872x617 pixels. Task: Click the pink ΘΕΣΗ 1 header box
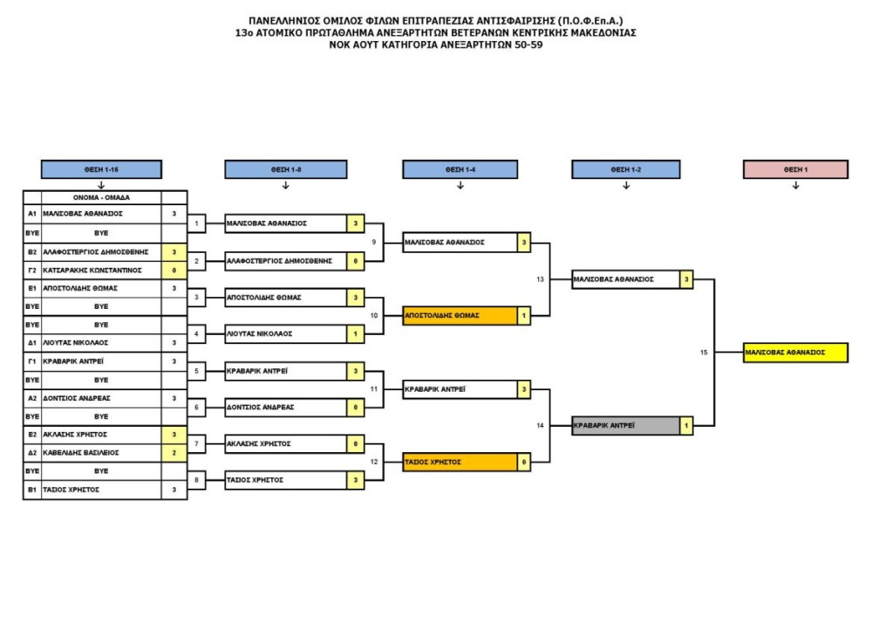click(795, 169)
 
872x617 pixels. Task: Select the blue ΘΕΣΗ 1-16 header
click(101, 169)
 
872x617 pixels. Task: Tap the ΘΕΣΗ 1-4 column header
click(460, 169)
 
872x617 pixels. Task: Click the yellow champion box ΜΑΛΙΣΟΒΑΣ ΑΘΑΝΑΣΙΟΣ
click(795, 353)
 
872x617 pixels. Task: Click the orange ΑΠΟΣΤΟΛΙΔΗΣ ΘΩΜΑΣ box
click(459, 315)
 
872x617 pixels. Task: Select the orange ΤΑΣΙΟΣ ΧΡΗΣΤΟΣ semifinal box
click(459, 462)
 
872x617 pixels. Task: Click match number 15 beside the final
click(704, 353)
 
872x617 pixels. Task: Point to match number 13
click(541, 279)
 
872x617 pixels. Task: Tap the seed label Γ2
click(31, 271)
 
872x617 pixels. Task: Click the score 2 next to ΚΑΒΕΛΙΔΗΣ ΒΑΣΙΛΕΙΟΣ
click(174, 453)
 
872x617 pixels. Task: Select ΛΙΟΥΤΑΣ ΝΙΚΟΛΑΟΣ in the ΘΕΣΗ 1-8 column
click(285, 333)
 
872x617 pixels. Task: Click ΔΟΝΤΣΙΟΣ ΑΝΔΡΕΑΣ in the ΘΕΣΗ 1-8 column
click(285, 407)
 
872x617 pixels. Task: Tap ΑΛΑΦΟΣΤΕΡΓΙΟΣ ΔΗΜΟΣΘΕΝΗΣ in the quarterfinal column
click(285, 260)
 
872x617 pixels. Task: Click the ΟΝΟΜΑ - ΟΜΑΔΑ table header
click(101, 197)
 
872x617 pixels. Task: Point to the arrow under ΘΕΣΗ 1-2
click(625, 185)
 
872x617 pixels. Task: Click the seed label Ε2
click(31, 434)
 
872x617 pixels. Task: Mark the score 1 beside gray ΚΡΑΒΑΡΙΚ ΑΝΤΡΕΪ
click(687, 426)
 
